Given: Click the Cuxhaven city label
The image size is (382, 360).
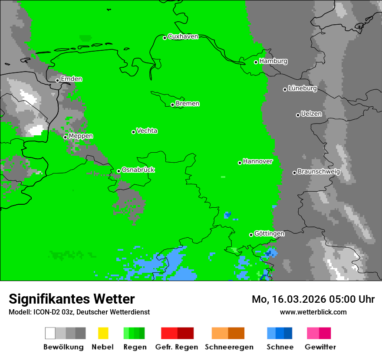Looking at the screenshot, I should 183,36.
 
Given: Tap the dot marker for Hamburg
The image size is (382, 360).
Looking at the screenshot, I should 256,62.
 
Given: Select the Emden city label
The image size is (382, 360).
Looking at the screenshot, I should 71,79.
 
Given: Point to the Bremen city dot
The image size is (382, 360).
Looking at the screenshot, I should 172,105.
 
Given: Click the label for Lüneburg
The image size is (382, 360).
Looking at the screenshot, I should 303,88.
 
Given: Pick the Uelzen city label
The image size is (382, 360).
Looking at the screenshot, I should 311,114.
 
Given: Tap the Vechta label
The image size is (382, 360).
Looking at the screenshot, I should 147,131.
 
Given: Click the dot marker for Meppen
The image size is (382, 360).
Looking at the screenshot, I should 65,137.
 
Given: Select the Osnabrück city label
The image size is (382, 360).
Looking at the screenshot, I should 138,170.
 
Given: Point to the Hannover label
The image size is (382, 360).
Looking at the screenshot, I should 257,161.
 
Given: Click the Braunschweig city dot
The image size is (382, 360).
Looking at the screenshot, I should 294,173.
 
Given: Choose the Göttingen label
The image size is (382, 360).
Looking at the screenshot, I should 269,234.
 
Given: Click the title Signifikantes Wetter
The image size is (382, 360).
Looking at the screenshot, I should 72,299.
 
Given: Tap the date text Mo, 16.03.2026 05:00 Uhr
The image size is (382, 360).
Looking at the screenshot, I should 313,299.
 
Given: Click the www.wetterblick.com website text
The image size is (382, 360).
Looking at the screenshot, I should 313,312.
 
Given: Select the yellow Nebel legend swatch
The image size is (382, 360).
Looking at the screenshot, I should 103,333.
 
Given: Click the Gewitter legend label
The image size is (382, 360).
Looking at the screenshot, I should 320,347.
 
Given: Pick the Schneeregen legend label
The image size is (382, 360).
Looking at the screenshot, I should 229,347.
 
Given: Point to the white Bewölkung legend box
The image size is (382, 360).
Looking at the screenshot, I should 50,333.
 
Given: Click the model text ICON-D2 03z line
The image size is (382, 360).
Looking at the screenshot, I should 79,312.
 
